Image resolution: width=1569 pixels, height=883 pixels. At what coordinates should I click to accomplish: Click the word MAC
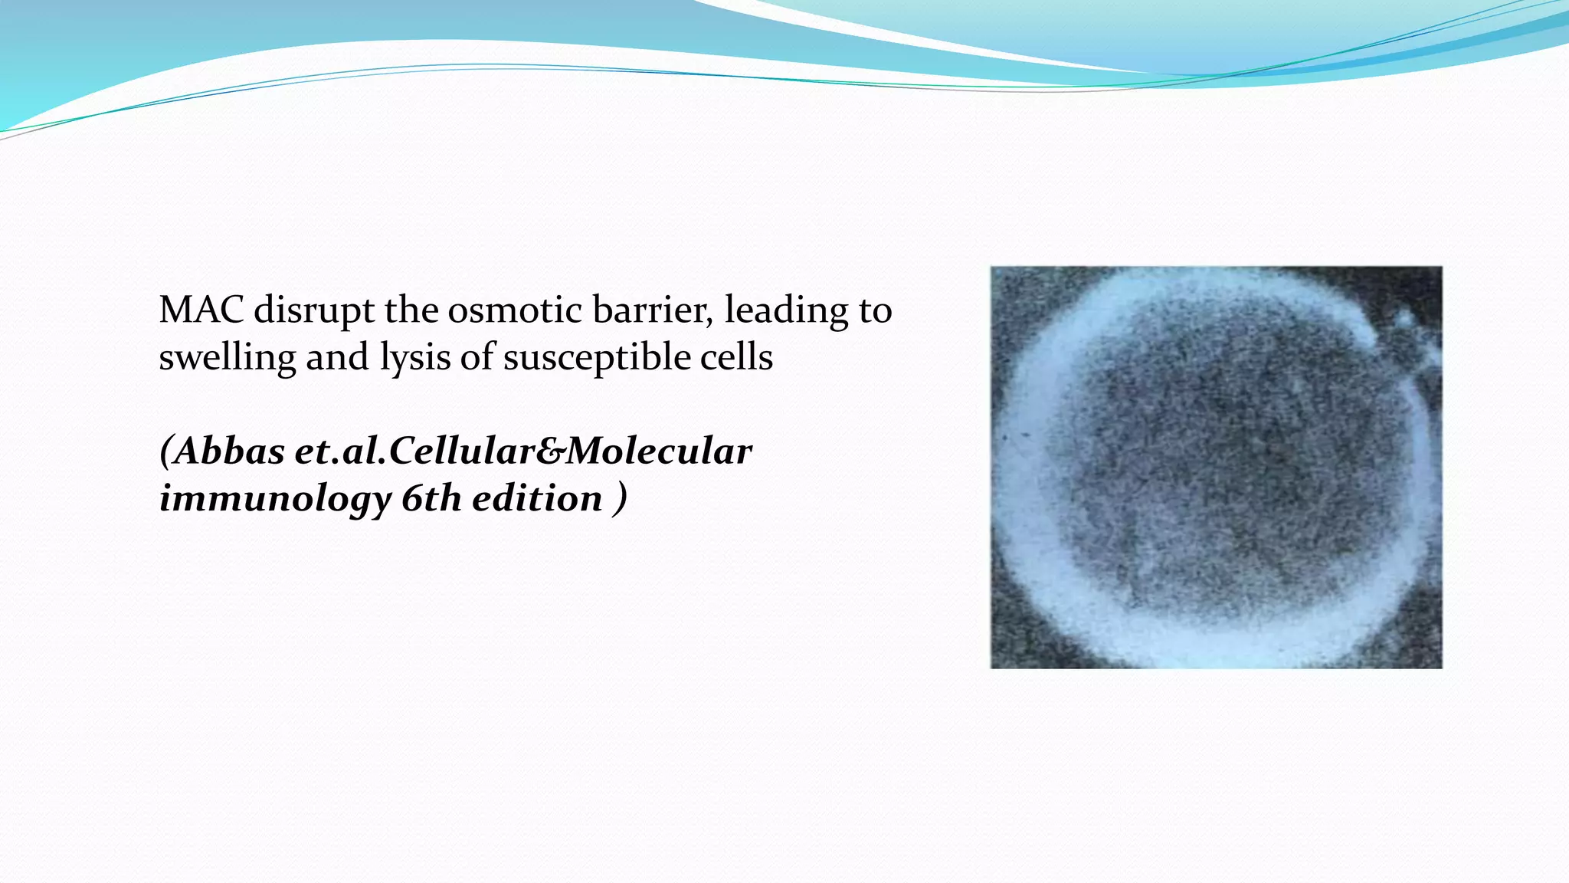click(x=201, y=310)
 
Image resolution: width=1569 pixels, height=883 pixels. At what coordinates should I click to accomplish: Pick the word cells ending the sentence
click(x=735, y=358)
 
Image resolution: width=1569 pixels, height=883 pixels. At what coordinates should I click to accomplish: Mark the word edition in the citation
click(x=537, y=499)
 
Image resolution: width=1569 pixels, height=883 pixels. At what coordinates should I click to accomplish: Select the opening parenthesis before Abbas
click(x=165, y=451)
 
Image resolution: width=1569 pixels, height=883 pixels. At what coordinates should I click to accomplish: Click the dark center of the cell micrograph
click(x=1218, y=475)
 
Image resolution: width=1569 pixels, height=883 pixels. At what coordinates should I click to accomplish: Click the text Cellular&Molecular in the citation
click(x=571, y=451)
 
